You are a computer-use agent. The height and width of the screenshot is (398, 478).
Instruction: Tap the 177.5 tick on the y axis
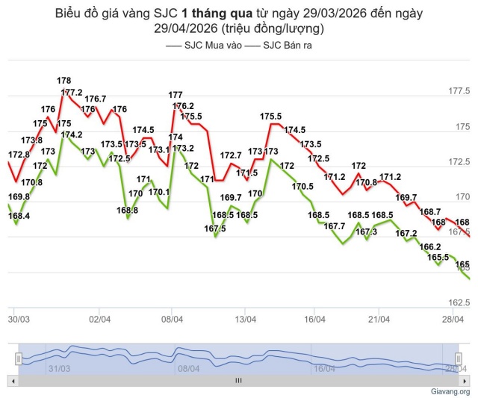pos(457,91)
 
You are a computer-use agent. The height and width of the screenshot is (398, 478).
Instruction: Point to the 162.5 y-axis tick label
pos(457,303)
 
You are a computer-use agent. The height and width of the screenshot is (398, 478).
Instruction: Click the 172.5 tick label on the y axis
pos(457,162)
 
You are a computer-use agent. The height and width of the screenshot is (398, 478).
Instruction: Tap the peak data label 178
pos(64,81)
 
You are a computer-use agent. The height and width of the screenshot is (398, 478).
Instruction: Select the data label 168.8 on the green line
pos(127,211)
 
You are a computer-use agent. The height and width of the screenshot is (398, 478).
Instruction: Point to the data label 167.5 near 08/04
pos(214,228)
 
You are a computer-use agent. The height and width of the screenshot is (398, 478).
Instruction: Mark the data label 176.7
pos(96,99)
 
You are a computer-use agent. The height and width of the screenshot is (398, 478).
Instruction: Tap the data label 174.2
pos(72,135)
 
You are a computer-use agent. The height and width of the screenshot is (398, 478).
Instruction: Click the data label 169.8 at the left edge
pos(19,197)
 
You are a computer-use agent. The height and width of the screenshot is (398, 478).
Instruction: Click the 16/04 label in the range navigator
pos(323,368)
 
